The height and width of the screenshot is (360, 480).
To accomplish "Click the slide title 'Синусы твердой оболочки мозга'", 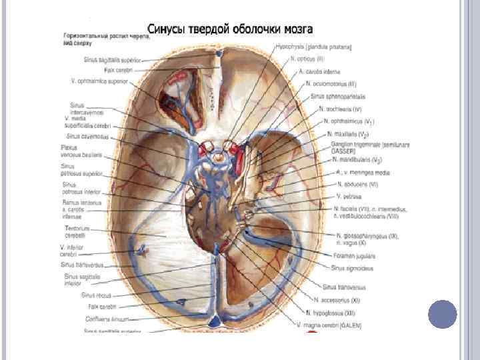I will (x=229, y=30).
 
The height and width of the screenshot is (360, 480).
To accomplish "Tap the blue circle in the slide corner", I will (x=442, y=315).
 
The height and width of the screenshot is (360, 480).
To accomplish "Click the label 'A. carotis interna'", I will (x=320, y=71).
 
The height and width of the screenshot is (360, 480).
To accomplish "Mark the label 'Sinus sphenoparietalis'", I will (x=335, y=97).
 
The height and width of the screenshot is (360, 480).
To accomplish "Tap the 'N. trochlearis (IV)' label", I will (x=341, y=109).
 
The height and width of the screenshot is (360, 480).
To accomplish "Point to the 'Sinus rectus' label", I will (x=97, y=294).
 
